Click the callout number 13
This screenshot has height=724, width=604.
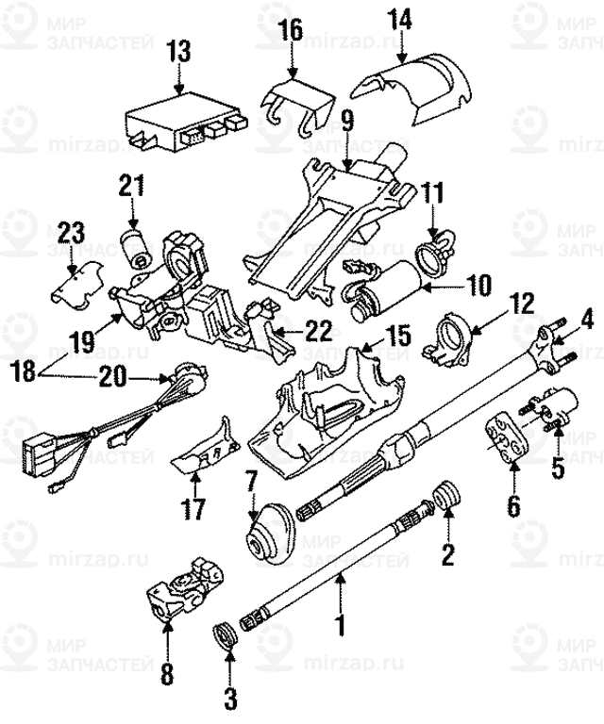(x=177, y=51)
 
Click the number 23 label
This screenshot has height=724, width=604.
(x=72, y=231)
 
